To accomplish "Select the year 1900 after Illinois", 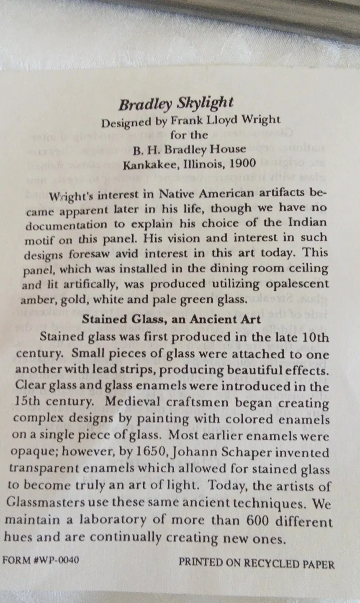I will coord(242,163).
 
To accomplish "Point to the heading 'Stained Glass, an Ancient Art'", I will coord(171,320).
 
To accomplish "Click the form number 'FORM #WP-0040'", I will coord(41,560).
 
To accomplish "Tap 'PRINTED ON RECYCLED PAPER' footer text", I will coord(257,563).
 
